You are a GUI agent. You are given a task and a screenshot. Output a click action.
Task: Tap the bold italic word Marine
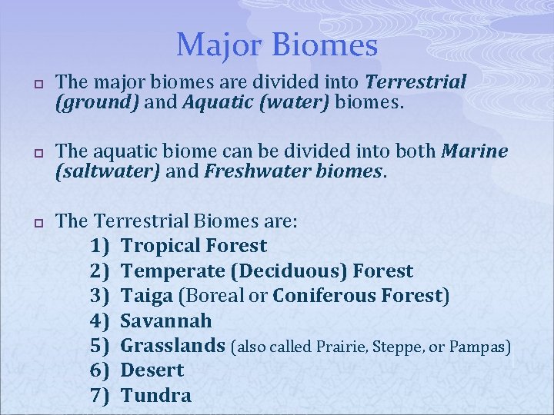tap(475, 152)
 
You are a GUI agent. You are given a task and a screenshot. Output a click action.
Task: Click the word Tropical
tap(162, 246)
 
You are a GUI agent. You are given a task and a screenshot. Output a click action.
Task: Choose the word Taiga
tap(147, 296)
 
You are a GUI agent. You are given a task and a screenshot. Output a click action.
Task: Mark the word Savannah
tap(166, 320)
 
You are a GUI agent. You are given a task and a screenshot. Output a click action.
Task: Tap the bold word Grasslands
tap(174, 346)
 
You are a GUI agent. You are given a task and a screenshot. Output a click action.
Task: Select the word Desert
tap(152, 370)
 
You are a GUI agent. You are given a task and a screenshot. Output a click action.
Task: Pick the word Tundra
tap(156, 395)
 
